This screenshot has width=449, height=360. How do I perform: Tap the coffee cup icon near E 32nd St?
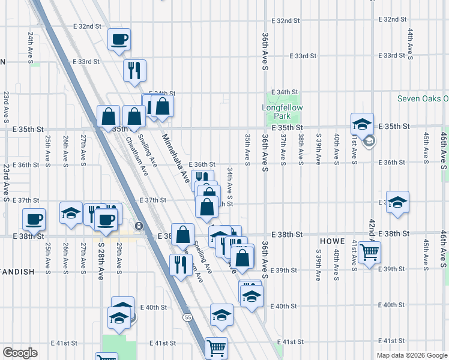119,40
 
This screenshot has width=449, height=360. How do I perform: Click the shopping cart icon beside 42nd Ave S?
369,253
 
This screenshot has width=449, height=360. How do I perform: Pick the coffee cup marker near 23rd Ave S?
34,218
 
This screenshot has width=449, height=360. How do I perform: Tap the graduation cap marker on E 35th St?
362,124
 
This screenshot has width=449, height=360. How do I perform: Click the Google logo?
20,353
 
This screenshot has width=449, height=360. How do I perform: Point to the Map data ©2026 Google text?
411,355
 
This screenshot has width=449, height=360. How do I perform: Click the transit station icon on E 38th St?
139,226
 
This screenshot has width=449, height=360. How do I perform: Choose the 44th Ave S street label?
410,44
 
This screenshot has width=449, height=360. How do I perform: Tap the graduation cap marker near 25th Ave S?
71,213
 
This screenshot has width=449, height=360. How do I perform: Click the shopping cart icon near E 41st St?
216,346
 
